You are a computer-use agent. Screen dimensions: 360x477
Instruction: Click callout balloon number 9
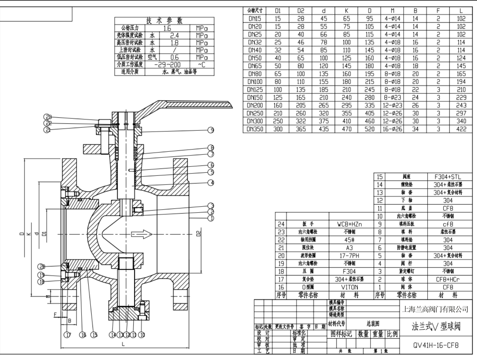pyautogui.click(x=210, y=130)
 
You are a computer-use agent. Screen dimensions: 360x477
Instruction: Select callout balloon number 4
pyautogui.click(x=210, y=183)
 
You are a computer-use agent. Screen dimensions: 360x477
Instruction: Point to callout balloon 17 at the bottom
pyautogui.click(x=67, y=335)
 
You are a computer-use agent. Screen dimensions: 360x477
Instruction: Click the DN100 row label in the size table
pyautogui.click(x=255, y=82)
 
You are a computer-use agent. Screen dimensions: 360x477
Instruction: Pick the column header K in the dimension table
pyautogui.click(x=346, y=11)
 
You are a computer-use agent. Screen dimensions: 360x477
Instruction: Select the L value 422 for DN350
pyautogui.click(x=461, y=129)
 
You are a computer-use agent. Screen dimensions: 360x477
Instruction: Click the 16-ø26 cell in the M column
pyautogui.click(x=392, y=129)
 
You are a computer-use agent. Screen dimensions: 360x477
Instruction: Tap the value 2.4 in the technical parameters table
pyautogui.click(x=174, y=35)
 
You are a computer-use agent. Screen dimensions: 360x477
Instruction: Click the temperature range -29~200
pyautogui.click(x=167, y=65)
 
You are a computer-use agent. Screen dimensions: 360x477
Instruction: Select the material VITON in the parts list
pyautogui.click(x=349, y=287)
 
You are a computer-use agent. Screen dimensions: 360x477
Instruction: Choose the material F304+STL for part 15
pyautogui.click(x=448, y=177)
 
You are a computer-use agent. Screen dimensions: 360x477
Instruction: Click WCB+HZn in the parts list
pyautogui.click(x=349, y=224)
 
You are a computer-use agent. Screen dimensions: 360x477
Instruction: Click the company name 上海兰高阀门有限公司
pyautogui.click(x=436, y=310)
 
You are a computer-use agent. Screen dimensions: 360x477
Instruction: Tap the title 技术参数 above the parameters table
pyautogui.click(x=165, y=21)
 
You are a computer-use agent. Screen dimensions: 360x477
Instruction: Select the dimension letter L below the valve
pyautogui.click(x=123, y=344)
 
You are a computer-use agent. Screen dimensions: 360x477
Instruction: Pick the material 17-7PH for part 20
pyautogui.click(x=349, y=256)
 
